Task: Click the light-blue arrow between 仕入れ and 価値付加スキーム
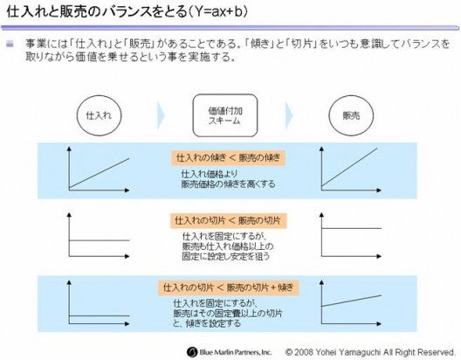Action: (161, 115)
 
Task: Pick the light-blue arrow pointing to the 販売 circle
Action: (289, 115)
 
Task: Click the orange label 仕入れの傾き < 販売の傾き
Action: (228, 158)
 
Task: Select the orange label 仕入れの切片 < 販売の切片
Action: (228, 220)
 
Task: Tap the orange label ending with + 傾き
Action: (229, 287)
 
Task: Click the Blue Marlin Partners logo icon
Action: (192, 352)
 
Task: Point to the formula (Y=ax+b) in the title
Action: (218, 12)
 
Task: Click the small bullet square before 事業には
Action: (10, 45)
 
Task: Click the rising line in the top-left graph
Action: (99, 173)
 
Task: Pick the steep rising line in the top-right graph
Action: (349, 168)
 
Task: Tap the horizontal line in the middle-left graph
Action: (99, 240)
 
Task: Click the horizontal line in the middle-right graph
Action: (351, 228)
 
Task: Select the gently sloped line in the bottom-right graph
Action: (351, 301)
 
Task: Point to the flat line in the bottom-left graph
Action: (99, 316)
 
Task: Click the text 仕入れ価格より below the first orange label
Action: (209, 174)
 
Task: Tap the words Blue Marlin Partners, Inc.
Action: (236, 352)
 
